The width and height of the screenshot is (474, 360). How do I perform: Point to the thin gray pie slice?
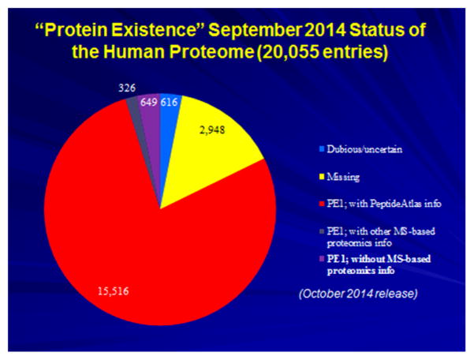[136, 121]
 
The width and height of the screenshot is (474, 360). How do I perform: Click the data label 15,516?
[113, 291]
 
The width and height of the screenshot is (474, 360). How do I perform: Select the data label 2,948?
[212, 129]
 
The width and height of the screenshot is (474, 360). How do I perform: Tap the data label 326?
[127, 88]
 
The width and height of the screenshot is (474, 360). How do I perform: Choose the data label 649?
[148, 103]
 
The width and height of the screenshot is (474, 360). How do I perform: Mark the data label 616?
[169, 103]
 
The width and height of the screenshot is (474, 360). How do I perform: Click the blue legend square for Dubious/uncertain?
[322, 149]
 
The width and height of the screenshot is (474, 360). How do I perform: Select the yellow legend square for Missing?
[322, 176]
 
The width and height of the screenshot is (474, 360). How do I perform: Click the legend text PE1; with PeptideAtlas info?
[384, 204]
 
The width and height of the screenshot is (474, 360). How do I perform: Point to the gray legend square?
[322, 231]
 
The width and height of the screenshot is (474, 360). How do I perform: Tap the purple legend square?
[322, 259]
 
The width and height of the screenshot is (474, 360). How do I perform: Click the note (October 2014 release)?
[359, 294]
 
